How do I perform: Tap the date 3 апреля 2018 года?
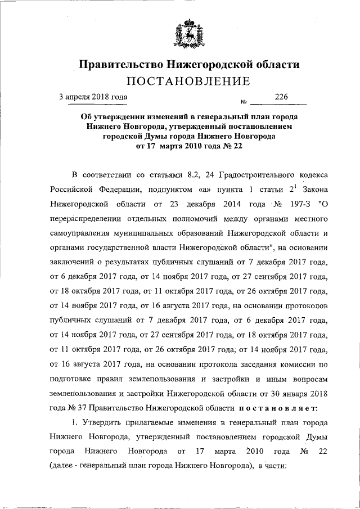click(x=93, y=97)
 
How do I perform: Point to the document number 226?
click(x=281, y=97)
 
